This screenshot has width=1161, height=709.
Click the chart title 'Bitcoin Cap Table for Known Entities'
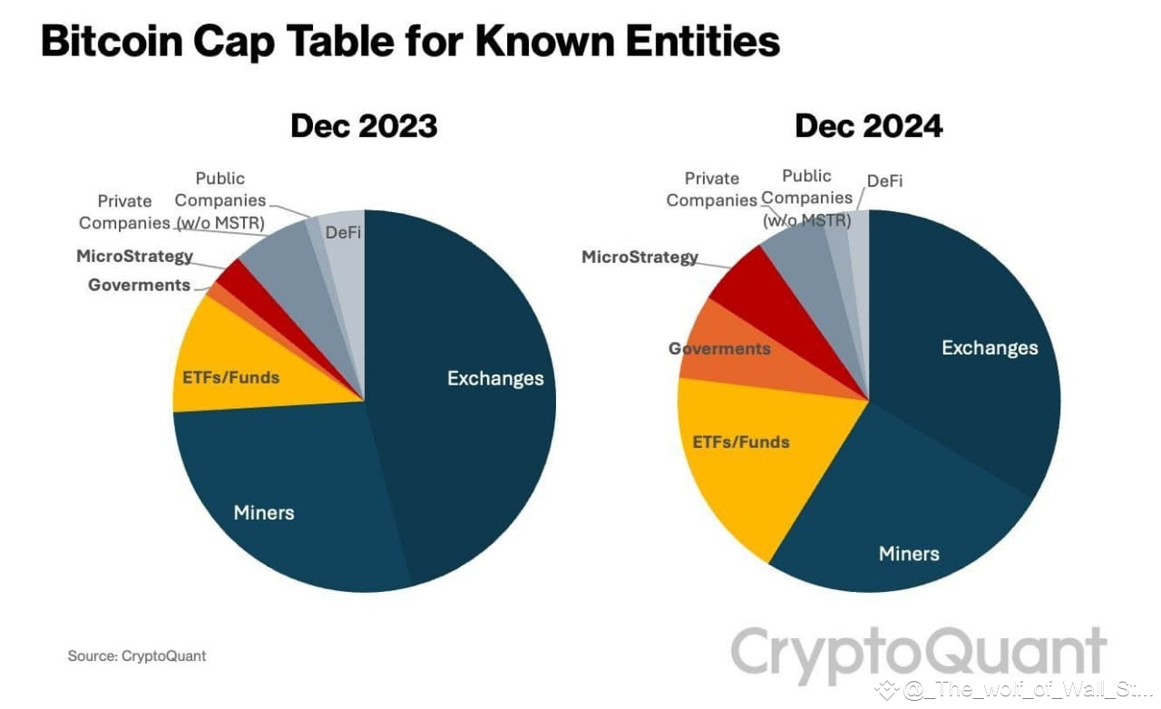(x=410, y=42)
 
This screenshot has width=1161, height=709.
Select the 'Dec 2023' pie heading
(x=364, y=126)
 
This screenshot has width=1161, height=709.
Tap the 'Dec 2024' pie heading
(x=868, y=126)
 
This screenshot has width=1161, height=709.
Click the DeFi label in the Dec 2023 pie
(x=343, y=232)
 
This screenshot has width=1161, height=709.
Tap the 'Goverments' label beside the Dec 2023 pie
(x=139, y=285)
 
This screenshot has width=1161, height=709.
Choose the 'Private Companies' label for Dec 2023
(x=124, y=211)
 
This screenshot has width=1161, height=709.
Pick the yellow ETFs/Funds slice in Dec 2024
(x=739, y=453)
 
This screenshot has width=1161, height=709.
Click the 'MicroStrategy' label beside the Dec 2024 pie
(x=639, y=257)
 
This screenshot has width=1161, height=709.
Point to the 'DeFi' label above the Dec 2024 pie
(x=884, y=181)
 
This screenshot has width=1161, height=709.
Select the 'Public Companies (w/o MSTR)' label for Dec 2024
(x=806, y=197)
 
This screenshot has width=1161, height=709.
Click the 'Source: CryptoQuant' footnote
(x=136, y=655)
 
